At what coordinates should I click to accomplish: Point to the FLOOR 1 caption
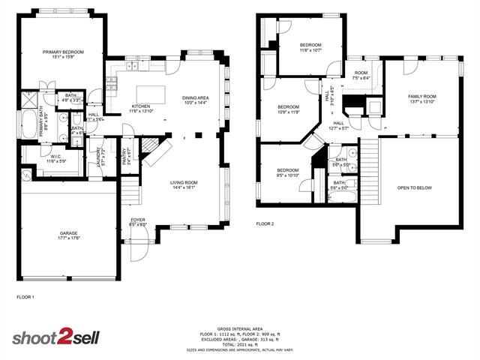click(25, 298)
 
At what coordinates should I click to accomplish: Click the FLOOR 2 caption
click(265, 223)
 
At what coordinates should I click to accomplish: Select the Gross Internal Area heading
click(239, 329)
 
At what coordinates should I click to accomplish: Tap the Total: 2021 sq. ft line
click(239, 345)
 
